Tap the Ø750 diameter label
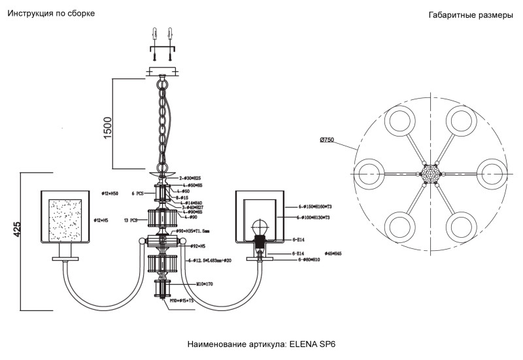pos(327,140)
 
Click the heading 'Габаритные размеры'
pos(471,16)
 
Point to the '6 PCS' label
pos(137,194)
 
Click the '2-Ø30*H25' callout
pos(190,178)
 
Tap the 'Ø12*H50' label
pos(110,194)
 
